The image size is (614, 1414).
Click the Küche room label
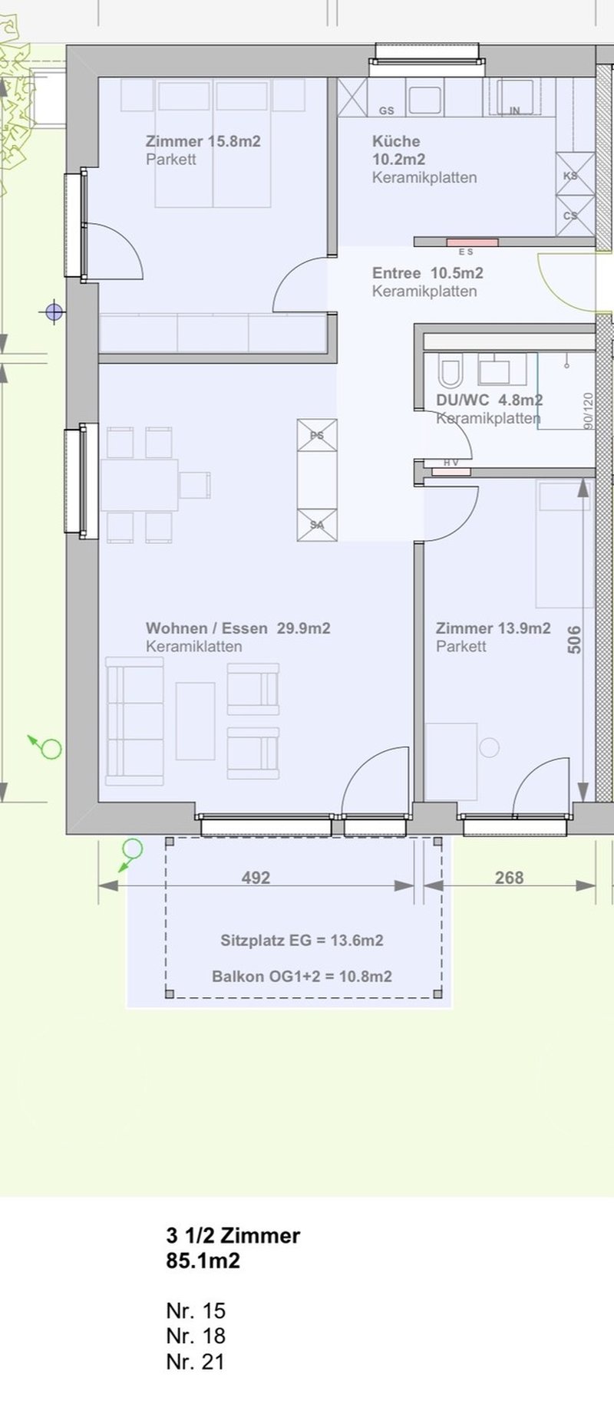(x=396, y=141)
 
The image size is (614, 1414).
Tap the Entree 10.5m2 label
(x=427, y=273)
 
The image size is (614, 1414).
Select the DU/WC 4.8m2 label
(x=490, y=400)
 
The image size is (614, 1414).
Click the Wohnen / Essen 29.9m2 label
(x=238, y=628)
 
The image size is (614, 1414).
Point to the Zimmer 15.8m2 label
(x=203, y=141)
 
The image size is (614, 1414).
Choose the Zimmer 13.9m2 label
(x=494, y=628)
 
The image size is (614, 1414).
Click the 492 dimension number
(x=256, y=877)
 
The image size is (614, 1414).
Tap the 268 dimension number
(x=509, y=877)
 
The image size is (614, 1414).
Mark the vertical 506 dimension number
(x=574, y=640)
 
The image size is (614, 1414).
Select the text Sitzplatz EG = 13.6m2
(x=302, y=940)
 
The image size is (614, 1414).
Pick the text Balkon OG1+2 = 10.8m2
(x=302, y=977)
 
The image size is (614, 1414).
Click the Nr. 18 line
(x=196, y=1336)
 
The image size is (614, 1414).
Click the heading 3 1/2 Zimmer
(x=233, y=1235)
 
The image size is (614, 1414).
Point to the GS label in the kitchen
(x=387, y=111)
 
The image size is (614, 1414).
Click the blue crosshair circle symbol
(x=54, y=311)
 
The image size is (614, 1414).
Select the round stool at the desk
(x=489, y=747)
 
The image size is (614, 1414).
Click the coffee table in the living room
(x=195, y=721)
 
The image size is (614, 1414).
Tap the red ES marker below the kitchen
(x=473, y=242)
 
